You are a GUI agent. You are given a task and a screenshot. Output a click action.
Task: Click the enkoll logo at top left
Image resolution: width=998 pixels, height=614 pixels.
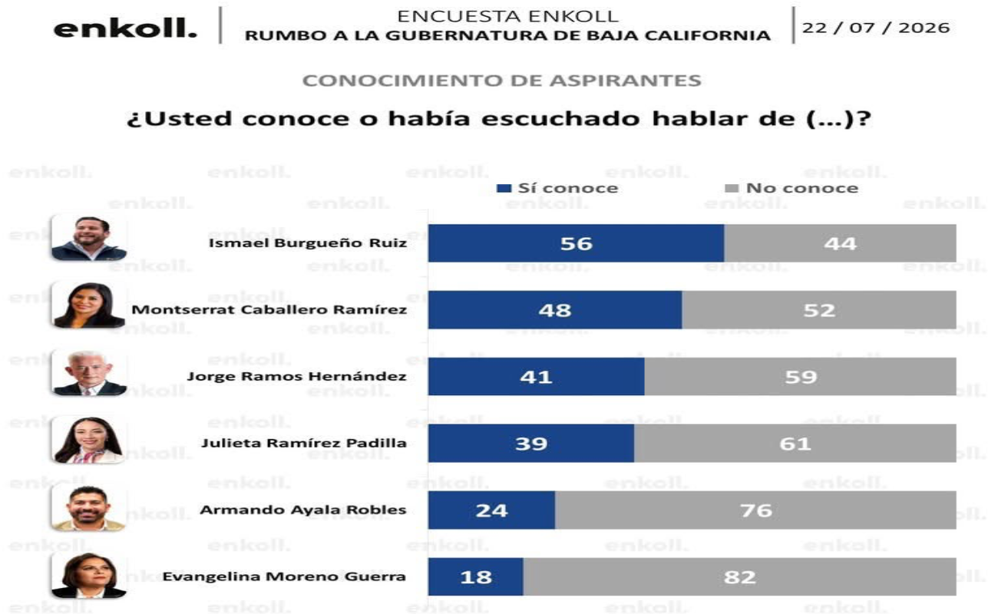(x=125, y=28)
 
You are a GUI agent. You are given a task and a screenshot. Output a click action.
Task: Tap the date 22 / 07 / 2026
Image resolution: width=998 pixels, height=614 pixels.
(x=876, y=28)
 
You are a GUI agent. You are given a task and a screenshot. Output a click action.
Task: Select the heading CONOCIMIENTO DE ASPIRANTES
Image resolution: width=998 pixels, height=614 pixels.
(x=501, y=81)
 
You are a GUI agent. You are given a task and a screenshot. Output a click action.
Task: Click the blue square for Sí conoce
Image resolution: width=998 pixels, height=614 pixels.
(x=504, y=188)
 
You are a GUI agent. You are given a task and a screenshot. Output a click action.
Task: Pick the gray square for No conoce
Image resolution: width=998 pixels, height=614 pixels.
(x=732, y=188)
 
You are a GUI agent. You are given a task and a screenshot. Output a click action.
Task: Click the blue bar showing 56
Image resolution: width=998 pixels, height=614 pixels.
(x=576, y=243)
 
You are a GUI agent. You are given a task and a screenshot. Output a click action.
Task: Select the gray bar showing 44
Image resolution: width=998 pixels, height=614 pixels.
(x=840, y=243)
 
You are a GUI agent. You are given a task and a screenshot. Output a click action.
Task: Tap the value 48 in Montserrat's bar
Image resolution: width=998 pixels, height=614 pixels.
(x=555, y=310)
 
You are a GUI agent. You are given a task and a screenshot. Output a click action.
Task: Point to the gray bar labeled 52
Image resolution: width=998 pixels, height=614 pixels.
(x=819, y=309)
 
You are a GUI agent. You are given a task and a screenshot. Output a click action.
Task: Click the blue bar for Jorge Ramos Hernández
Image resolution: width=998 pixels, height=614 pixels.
(x=537, y=377)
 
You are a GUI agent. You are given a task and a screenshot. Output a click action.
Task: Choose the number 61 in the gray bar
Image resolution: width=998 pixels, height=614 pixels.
(x=795, y=444)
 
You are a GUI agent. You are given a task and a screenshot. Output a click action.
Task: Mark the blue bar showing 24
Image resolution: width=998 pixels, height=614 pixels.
(x=492, y=510)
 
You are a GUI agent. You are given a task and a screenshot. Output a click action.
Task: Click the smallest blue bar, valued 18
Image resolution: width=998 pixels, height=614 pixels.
(x=476, y=576)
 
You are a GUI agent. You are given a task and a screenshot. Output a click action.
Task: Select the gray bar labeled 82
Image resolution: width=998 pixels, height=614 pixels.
(x=739, y=576)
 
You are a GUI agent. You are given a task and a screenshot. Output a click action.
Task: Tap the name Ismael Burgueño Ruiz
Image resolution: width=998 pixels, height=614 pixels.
(x=308, y=243)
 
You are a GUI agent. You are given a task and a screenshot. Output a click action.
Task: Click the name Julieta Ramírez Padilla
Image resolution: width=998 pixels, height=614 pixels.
(x=304, y=444)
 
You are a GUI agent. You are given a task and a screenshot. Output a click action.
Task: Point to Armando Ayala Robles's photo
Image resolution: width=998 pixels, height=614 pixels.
(x=88, y=507)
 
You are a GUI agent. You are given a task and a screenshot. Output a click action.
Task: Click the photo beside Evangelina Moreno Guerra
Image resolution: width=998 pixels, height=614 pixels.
(x=88, y=575)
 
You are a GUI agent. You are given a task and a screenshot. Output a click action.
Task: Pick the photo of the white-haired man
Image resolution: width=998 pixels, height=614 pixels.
(x=88, y=373)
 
